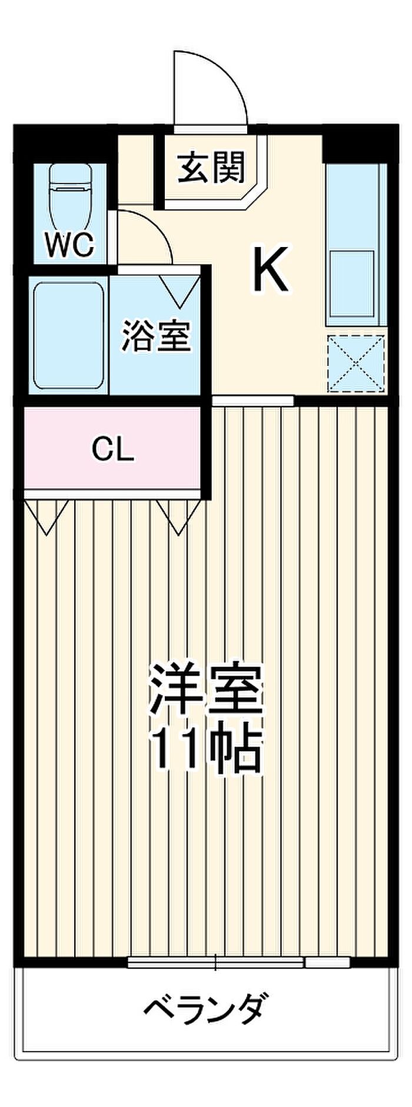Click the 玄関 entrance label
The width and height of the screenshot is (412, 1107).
coord(211,168)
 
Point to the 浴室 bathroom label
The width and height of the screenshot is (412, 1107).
coord(156,336)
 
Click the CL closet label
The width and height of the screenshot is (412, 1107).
coord(113,450)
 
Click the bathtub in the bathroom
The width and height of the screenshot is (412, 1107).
coord(69,335)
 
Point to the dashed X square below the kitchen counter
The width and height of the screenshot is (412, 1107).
coord(356,363)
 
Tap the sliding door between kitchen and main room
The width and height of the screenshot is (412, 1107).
coord(252,401)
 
